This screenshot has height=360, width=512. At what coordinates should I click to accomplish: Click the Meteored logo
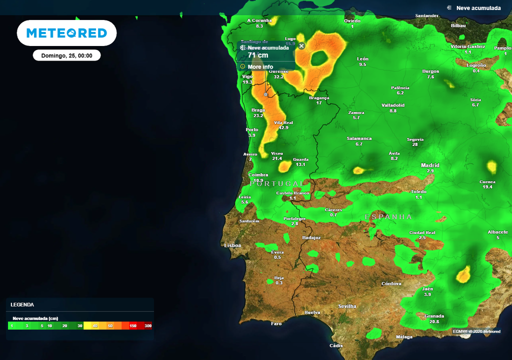(x=66, y=33)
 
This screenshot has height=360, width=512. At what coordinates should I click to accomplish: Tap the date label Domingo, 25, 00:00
(x=66, y=55)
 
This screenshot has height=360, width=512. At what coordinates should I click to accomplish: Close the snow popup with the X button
(x=301, y=46)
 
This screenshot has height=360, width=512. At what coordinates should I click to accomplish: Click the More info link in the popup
(x=260, y=67)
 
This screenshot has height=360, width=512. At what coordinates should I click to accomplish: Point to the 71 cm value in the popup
(x=258, y=55)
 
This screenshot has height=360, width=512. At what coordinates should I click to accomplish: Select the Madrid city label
(x=430, y=165)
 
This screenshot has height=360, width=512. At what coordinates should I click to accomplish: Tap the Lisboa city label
(x=233, y=245)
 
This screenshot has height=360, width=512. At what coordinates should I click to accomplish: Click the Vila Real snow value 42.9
(x=283, y=128)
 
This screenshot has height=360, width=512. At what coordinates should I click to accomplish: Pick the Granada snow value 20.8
(x=434, y=321)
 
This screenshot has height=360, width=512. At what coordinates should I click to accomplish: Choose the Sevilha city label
(x=347, y=306)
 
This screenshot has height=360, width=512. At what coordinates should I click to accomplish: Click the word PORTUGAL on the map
(x=276, y=184)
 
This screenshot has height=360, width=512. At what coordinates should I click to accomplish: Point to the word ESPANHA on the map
(x=388, y=217)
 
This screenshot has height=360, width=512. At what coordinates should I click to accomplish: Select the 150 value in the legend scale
(x=133, y=326)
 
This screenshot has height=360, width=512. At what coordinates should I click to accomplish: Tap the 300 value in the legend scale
(x=147, y=326)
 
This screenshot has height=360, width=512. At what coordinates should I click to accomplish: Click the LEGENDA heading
(x=22, y=304)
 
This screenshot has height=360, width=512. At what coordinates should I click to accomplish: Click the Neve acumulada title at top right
(x=478, y=8)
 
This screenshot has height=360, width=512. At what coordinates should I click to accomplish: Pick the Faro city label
(x=276, y=323)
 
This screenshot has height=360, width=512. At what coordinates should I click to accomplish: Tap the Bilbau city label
(x=458, y=25)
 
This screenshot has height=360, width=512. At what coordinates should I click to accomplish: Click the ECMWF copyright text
(x=476, y=331)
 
